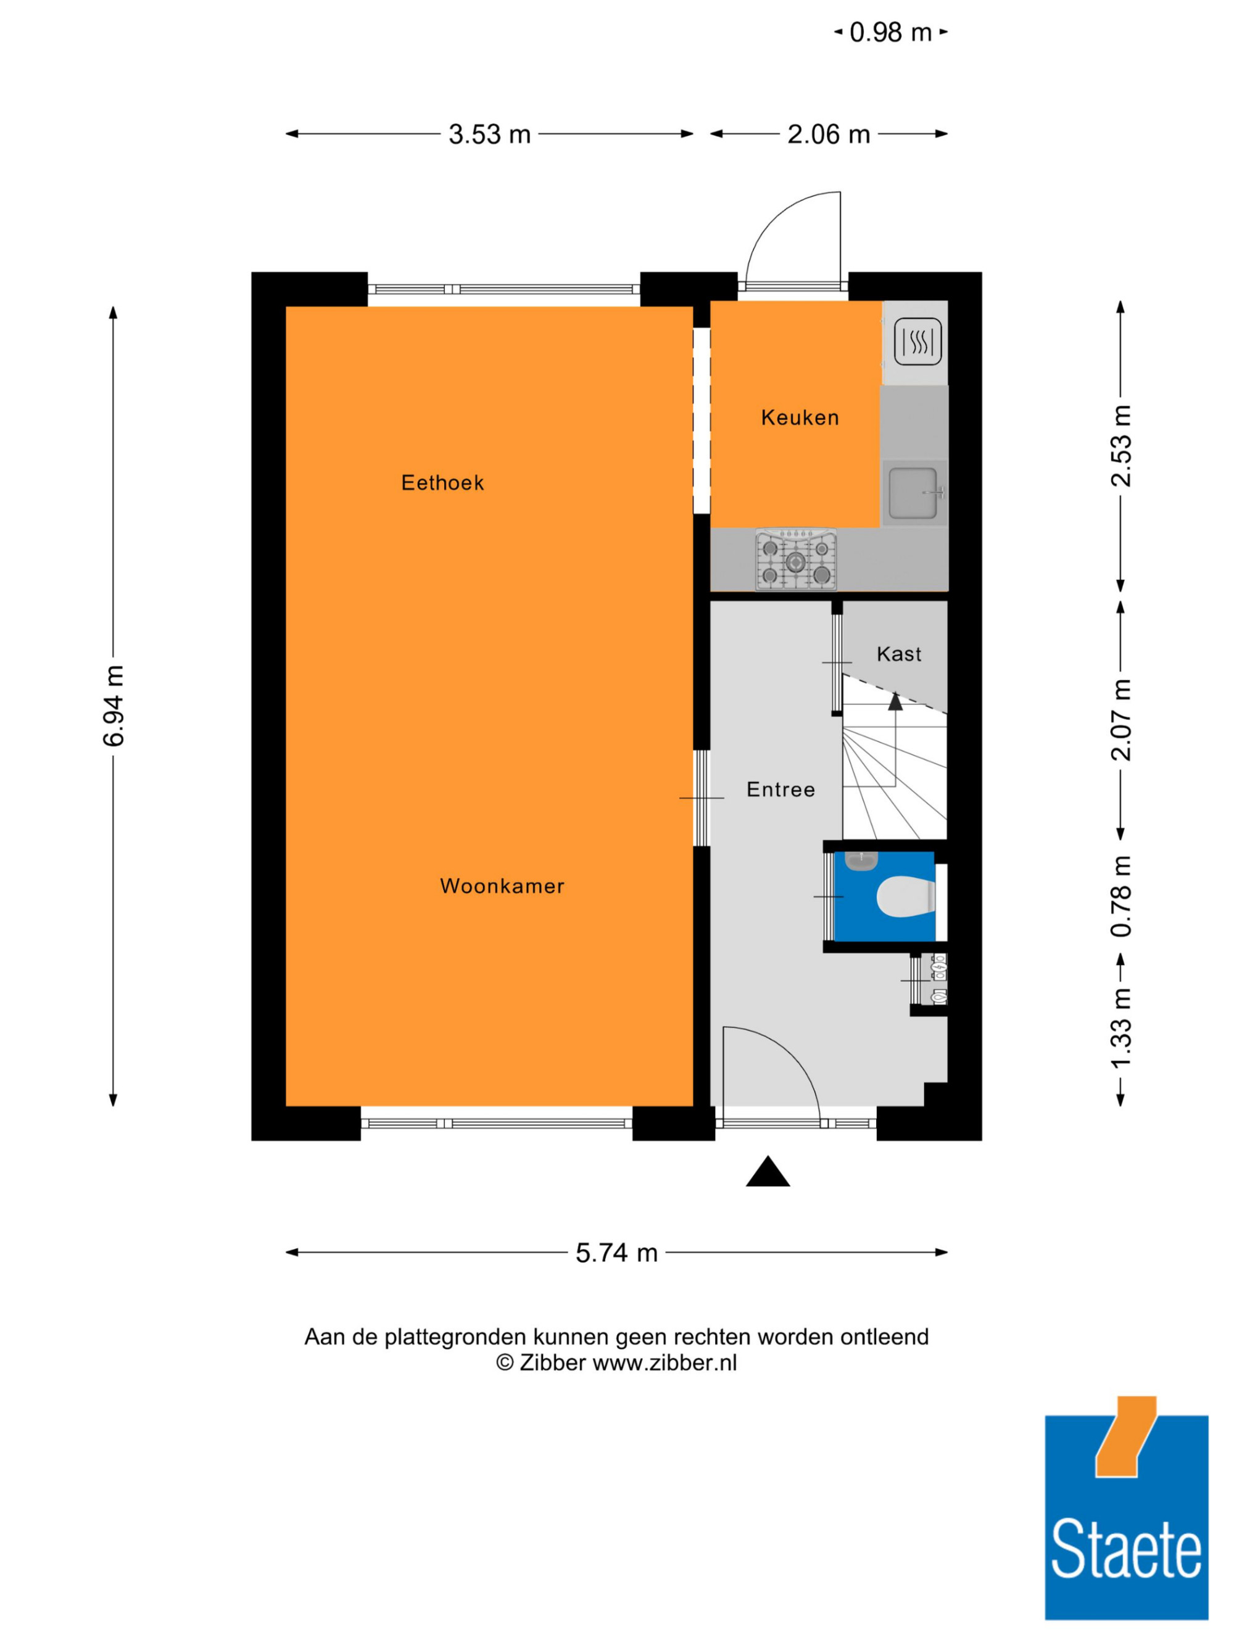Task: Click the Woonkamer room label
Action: (x=502, y=886)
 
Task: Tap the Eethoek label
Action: (x=442, y=482)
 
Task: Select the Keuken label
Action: (x=800, y=417)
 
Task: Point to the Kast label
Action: (x=898, y=654)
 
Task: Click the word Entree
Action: (x=781, y=789)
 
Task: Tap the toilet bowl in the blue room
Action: (x=905, y=896)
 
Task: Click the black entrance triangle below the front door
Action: (x=768, y=1172)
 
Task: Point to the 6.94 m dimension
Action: (x=114, y=706)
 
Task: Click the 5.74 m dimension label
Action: (x=616, y=1253)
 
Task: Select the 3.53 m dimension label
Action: (x=489, y=134)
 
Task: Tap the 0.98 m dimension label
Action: (x=890, y=33)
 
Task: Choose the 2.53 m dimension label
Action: (x=1121, y=446)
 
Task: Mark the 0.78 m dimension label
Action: (x=1121, y=896)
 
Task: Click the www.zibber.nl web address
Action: (x=665, y=1363)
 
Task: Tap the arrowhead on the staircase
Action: (x=895, y=701)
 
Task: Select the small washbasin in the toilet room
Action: (x=861, y=861)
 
